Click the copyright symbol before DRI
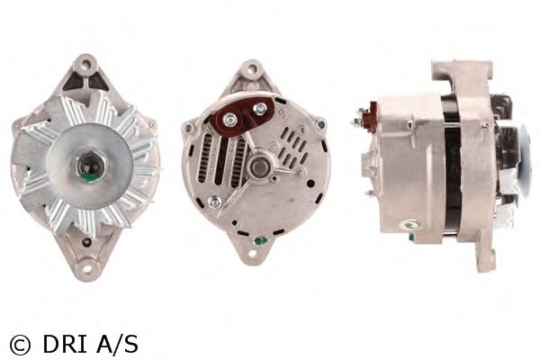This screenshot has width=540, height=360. (20, 344)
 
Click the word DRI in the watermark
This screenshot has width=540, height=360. (65, 344)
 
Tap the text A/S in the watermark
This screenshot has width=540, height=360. (117, 344)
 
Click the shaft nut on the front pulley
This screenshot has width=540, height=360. (90, 167)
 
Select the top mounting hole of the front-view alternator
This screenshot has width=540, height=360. (85, 63)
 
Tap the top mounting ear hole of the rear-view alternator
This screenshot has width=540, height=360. (252, 69)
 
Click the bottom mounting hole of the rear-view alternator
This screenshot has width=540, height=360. (253, 254)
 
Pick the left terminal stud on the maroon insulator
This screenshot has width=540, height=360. (229, 119)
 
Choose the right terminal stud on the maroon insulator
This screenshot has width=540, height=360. (259, 109)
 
